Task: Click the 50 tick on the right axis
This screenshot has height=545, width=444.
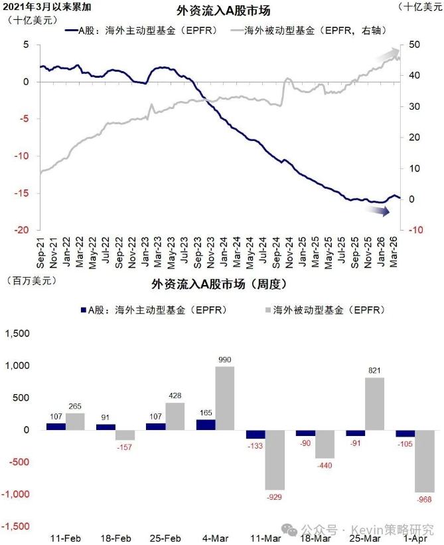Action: tap(413, 45)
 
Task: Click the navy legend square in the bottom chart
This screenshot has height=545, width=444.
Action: tap(84, 310)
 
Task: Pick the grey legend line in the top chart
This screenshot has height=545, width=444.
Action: tap(234, 31)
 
